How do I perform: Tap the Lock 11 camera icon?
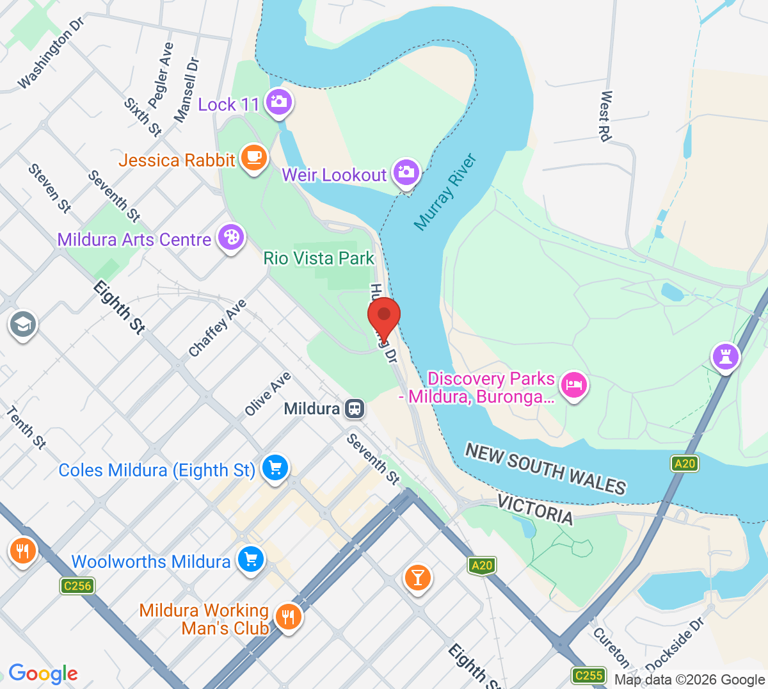pyautogui.click(x=278, y=102)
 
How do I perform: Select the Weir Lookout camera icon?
pyautogui.click(x=406, y=172)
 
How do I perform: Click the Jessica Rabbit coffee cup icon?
pyautogui.click(x=254, y=157)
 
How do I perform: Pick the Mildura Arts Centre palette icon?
pyautogui.click(x=230, y=238)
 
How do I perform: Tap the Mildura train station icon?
pyautogui.click(x=354, y=409)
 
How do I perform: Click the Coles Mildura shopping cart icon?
pyautogui.click(x=275, y=468)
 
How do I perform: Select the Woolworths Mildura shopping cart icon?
pyautogui.click(x=250, y=560)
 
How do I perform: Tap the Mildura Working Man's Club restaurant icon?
pyautogui.click(x=288, y=617)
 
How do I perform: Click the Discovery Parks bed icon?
pyautogui.click(x=573, y=385)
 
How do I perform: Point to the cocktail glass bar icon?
pyautogui.click(x=417, y=577)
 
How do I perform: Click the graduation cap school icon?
pyautogui.click(x=23, y=325)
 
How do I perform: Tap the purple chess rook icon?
pyautogui.click(x=726, y=355)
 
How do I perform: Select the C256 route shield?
pyautogui.click(x=77, y=585)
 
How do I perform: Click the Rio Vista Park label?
pyautogui.click(x=319, y=258)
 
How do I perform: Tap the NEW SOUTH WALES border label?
pyautogui.click(x=545, y=469)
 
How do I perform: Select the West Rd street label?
pyautogui.click(x=605, y=116)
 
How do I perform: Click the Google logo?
pyautogui.click(x=43, y=674)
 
